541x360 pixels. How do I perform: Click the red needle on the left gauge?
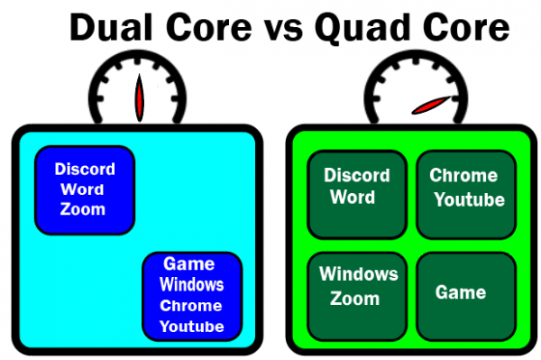coord(139,97)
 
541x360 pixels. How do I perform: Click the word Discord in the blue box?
coord(85,169)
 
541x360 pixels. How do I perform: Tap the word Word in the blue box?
coord(85,189)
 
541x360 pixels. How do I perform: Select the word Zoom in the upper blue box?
coord(83,209)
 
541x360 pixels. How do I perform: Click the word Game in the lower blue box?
coord(189,264)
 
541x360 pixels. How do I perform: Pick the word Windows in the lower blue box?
coord(191,285)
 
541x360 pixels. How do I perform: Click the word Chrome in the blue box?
coord(191,305)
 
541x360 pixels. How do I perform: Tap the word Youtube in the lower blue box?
coord(191,326)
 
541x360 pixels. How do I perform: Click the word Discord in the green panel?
coord(357,175)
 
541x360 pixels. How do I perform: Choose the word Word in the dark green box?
coord(353,197)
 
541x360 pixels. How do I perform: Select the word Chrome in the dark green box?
coord(463,175)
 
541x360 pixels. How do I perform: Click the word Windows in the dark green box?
coord(359,274)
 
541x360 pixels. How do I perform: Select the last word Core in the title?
coord(463,30)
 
